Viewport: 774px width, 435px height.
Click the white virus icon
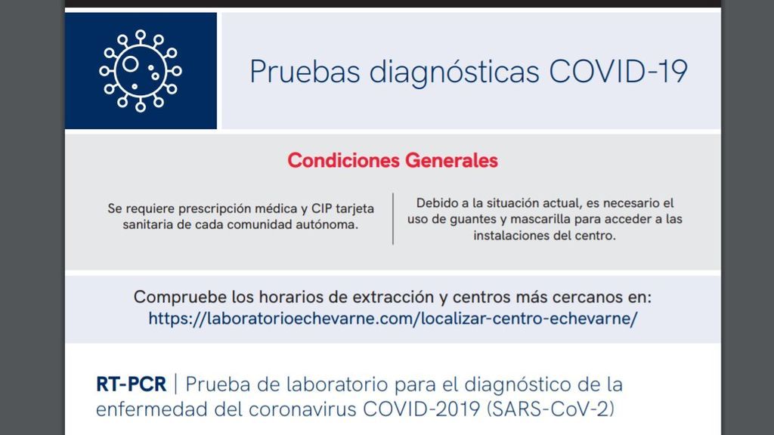click(140, 71)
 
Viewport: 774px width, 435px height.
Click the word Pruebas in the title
click(305, 72)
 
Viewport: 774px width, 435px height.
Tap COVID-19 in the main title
click(618, 72)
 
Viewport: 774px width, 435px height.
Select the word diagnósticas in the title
click(454, 72)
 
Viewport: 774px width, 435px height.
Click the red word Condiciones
click(344, 160)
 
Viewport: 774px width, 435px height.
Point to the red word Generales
click(452, 160)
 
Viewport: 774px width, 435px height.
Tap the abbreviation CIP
click(321, 208)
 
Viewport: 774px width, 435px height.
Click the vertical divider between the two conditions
click(393, 218)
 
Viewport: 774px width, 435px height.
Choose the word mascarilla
click(540, 219)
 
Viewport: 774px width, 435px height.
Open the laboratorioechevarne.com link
click(393, 319)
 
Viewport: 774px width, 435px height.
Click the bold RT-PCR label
click(132, 384)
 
